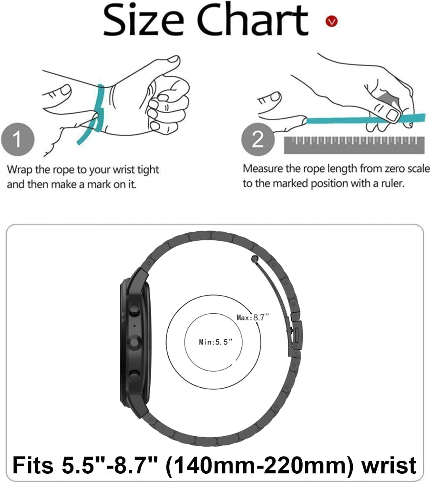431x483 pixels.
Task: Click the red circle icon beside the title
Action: [x=332, y=21]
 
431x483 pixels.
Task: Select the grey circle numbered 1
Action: [x=18, y=139]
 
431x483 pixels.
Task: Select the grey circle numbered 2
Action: [x=258, y=139]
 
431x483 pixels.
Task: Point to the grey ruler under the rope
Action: [x=354, y=145]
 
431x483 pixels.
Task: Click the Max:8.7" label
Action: [x=252, y=317]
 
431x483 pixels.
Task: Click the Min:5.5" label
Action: [x=216, y=342]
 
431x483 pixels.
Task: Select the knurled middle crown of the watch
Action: [x=135, y=342]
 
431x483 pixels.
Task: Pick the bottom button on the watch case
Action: [x=134, y=377]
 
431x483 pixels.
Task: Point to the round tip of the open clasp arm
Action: [x=255, y=259]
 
